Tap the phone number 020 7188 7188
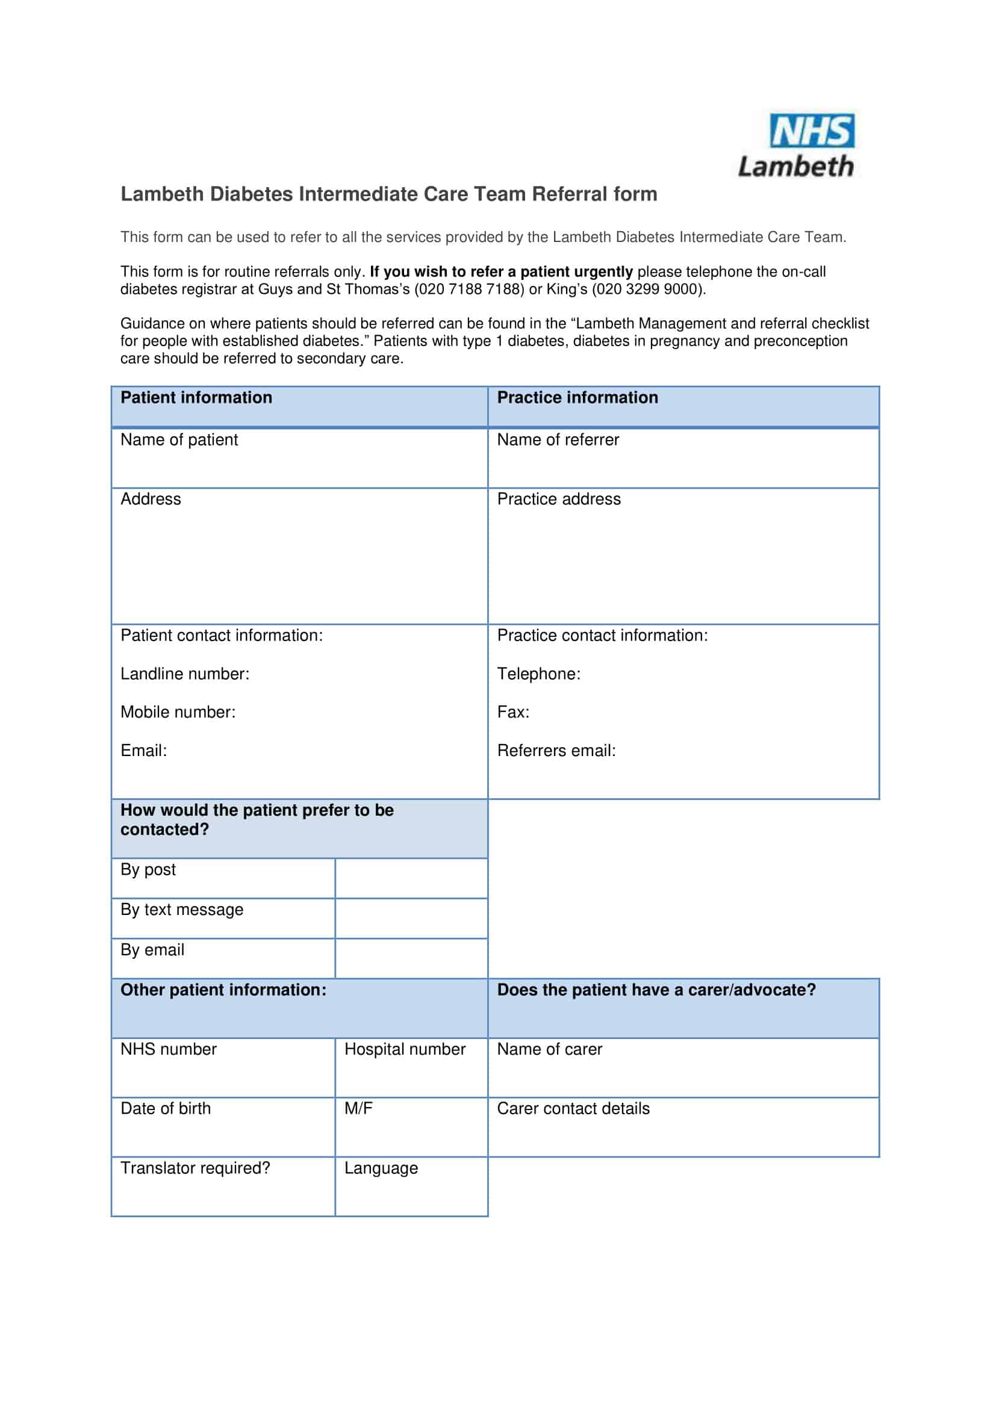pyautogui.click(x=469, y=289)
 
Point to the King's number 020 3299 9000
pyautogui.click(x=646, y=289)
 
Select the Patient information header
pyautogui.click(x=196, y=397)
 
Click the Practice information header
pyautogui.click(x=577, y=397)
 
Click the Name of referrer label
pyautogui.click(x=558, y=439)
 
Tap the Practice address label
pyautogui.click(x=559, y=499)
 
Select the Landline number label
pyautogui.click(x=185, y=674)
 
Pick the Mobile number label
pyautogui.click(x=178, y=712)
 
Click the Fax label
pyautogui.click(x=512, y=712)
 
